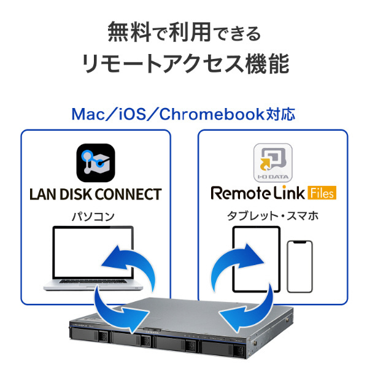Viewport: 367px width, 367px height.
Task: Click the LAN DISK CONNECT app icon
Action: point(96,163)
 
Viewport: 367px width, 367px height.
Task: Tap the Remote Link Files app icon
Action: point(273,163)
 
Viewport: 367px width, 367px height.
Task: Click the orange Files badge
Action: point(322,193)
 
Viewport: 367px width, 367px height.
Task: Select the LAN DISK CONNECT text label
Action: point(96,194)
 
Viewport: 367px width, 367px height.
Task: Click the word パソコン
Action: point(93,216)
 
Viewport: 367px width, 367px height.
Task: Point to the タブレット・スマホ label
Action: point(273,215)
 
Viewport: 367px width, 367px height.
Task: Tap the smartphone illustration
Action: point(300,266)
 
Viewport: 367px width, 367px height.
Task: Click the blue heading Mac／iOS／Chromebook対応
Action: point(183,114)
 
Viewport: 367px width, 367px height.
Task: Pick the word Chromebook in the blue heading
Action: point(212,114)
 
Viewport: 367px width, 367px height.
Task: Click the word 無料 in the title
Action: point(129,32)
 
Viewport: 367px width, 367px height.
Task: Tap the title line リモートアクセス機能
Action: point(185,63)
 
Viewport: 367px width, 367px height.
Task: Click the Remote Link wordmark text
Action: point(258,193)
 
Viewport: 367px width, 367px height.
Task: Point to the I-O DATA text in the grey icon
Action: point(273,177)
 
